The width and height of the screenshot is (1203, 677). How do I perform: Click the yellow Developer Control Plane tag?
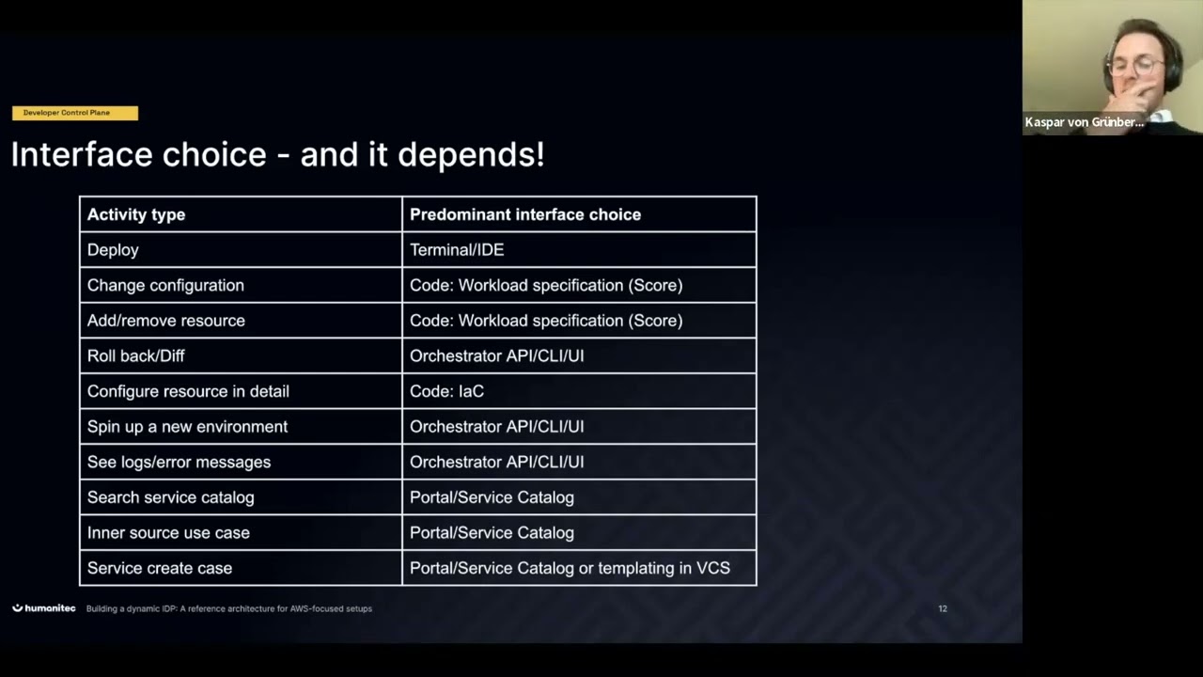tap(74, 113)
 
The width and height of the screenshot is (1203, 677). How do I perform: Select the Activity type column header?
tap(136, 214)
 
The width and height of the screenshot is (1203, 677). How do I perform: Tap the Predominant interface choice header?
tap(525, 214)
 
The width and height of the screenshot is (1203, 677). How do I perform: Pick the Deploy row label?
tap(113, 250)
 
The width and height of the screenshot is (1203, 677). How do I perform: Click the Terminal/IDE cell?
tap(457, 250)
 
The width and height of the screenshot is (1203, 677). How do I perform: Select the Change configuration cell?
tap(165, 285)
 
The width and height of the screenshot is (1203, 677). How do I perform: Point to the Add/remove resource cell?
tap(166, 321)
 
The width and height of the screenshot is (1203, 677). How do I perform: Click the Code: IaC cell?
tap(446, 391)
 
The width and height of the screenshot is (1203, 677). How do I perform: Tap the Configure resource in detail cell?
tap(188, 391)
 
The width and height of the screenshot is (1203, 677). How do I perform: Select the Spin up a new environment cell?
tap(188, 427)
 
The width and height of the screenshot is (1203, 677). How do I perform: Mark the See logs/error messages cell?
tap(179, 462)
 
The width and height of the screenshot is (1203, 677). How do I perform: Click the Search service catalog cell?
tap(171, 497)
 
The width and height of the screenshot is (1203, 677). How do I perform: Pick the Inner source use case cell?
tap(168, 532)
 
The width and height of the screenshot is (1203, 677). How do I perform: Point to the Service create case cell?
tap(160, 568)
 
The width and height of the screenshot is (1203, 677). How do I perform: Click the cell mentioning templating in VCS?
tap(570, 568)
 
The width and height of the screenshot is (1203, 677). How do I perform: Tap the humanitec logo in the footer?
tap(44, 608)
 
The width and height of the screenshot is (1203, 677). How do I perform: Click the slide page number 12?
tap(943, 608)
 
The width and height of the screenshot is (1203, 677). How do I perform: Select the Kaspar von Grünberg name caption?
tap(1084, 122)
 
